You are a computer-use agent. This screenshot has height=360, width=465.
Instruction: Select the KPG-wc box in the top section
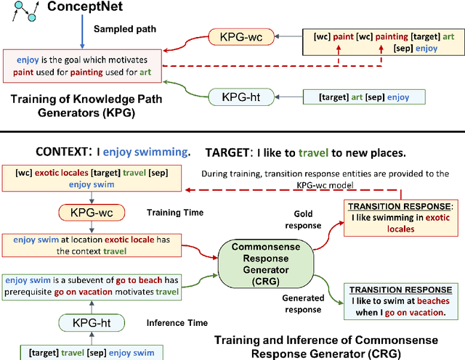click(x=235, y=36)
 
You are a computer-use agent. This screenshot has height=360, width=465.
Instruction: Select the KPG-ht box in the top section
click(x=235, y=97)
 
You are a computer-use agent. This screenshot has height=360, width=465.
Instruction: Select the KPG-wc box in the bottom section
click(x=92, y=213)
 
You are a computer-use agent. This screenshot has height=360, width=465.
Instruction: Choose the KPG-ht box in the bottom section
click(x=92, y=323)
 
